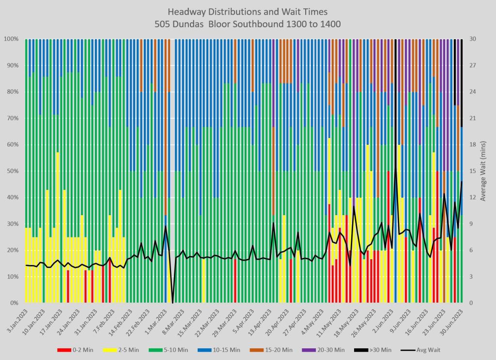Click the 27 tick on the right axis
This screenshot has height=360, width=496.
(472, 65)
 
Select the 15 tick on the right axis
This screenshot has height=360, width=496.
(472, 171)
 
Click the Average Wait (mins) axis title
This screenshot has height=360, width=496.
(483, 171)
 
